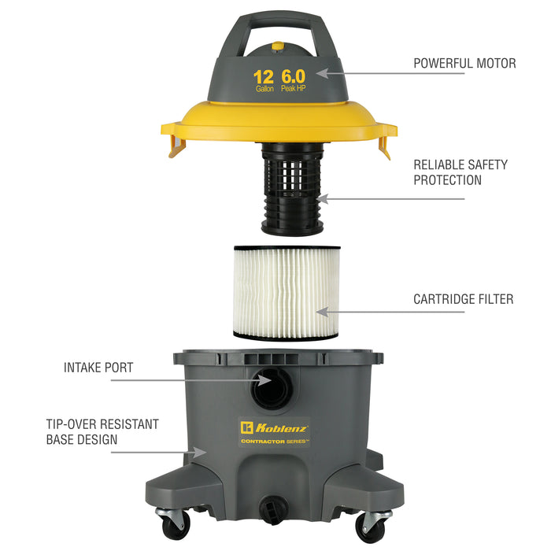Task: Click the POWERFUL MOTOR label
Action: click(464, 63)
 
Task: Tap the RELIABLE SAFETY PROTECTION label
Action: click(460, 172)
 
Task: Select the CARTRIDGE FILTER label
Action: click(463, 299)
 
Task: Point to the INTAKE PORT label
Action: click(98, 368)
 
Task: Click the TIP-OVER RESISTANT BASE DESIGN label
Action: click(102, 432)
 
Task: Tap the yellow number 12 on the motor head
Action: click(263, 77)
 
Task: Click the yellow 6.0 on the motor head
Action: click(294, 76)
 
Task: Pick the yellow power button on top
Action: click(278, 46)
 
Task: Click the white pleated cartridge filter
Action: click(287, 293)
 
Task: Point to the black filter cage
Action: click(292, 189)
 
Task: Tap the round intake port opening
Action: click(272, 388)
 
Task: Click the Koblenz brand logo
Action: click(274, 428)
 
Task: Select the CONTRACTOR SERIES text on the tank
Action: click(275, 442)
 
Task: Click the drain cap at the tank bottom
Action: click(273, 508)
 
